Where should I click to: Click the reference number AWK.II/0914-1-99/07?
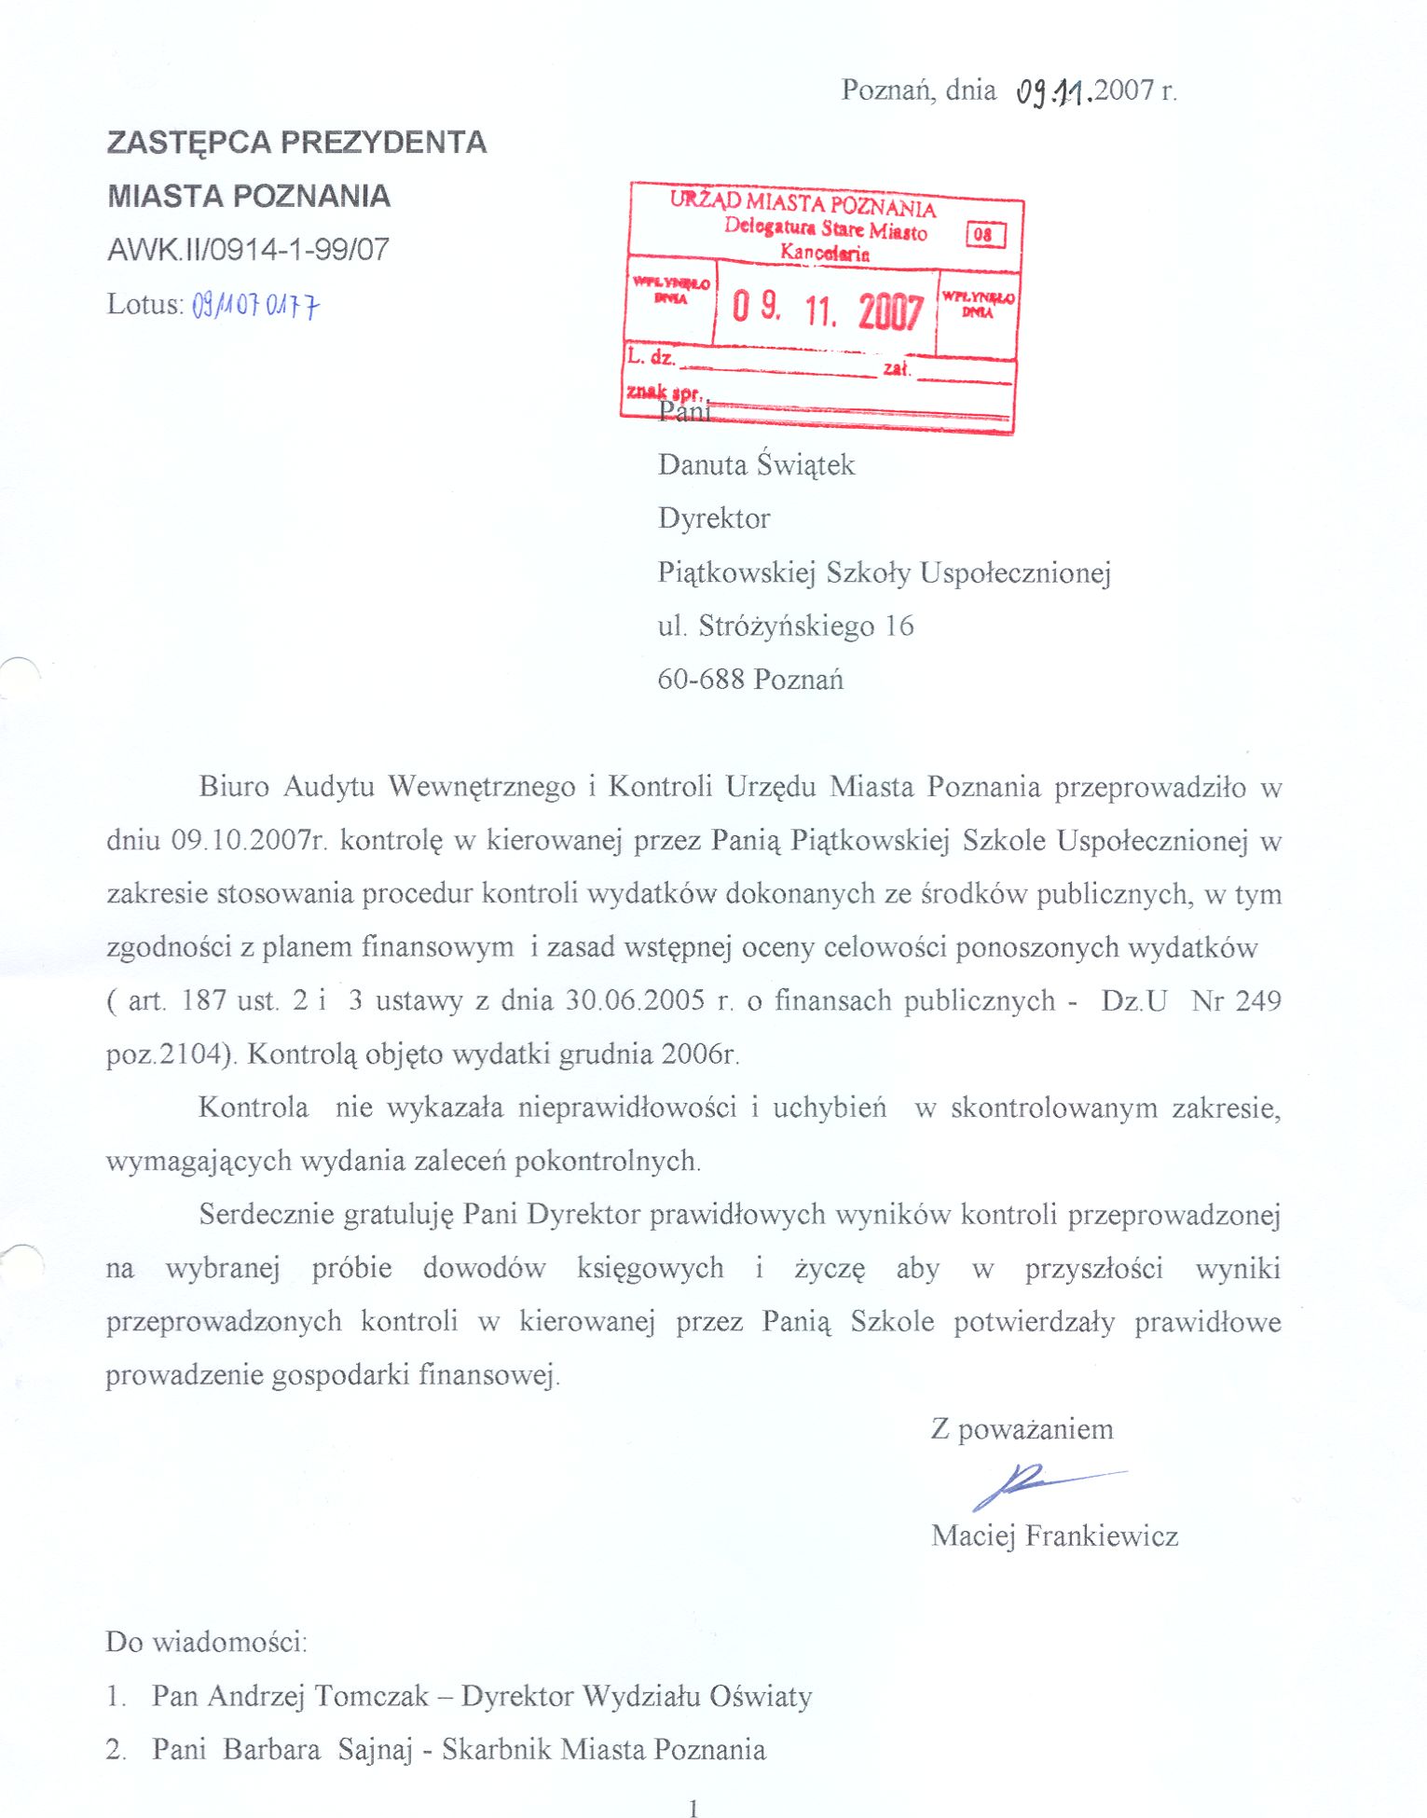(x=248, y=250)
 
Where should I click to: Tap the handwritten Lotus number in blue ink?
(x=255, y=305)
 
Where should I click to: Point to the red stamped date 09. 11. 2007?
(x=827, y=309)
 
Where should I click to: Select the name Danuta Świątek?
(x=756, y=464)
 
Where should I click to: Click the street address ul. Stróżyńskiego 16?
(x=785, y=626)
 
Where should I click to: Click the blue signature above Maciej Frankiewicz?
(x=1035, y=1482)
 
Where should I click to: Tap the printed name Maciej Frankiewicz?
(x=1054, y=1536)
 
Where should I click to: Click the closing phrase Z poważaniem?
(x=1022, y=1429)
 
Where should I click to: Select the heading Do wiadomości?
(x=206, y=1642)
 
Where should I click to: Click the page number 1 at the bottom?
(x=693, y=1808)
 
